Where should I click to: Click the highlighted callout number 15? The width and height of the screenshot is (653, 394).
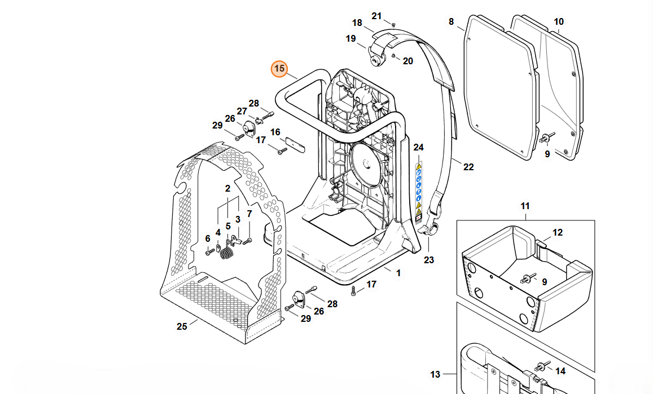coord(279,69)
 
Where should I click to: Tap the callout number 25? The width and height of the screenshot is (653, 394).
coord(182,326)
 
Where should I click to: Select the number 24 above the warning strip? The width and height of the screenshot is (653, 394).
coord(418,148)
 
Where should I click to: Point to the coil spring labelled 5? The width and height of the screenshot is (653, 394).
coord(226,254)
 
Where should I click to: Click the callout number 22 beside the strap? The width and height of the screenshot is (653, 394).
coord(468,167)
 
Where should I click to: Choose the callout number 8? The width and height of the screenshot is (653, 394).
coord(451,22)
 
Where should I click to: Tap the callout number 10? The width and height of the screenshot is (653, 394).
coord(558,22)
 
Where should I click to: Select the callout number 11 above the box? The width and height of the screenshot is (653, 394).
coord(525,207)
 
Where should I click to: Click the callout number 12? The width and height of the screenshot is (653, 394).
coord(557,232)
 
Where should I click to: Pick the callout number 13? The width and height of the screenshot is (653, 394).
coord(435,374)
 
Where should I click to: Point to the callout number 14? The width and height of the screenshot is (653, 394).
coord(560,371)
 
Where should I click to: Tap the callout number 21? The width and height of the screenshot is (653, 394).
coord(376,16)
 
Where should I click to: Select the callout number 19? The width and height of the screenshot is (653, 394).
coord(351,39)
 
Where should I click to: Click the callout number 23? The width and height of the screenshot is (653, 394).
coord(429,260)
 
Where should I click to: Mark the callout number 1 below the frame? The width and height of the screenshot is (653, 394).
coord(398,273)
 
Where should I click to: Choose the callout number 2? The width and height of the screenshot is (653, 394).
coord(227,188)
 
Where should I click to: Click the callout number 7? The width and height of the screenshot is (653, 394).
coord(249,214)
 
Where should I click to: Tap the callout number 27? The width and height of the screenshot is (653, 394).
coord(242,111)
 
